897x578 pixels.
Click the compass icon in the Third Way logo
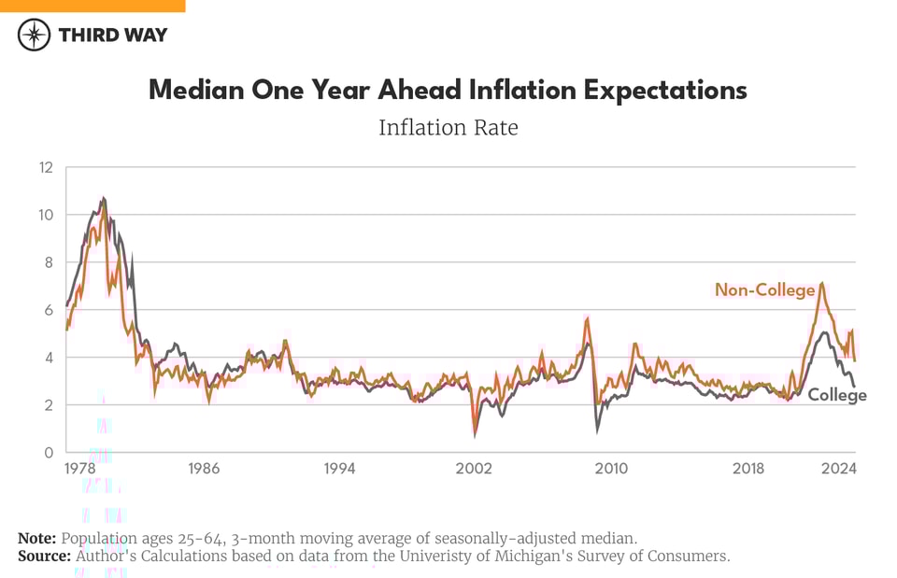pyautogui.click(x=35, y=35)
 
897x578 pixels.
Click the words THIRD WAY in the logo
pyautogui.click(x=113, y=35)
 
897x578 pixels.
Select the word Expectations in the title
pyautogui.click(x=666, y=90)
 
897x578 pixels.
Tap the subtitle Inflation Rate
pyautogui.click(x=448, y=127)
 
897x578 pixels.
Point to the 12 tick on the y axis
pyautogui.click(x=46, y=167)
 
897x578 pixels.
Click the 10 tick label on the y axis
pyautogui.click(x=46, y=215)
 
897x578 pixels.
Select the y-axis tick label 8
pyautogui.click(x=49, y=262)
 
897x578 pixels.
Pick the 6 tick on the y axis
pyautogui.click(x=49, y=310)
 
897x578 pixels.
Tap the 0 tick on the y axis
pyautogui.click(x=49, y=452)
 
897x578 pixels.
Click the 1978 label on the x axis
pyautogui.click(x=79, y=469)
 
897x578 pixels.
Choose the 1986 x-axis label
pyautogui.click(x=204, y=469)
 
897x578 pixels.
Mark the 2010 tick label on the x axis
pyautogui.click(x=612, y=469)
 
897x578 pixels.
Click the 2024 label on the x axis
pyautogui.click(x=840, y=469)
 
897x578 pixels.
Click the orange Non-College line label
pyautogui.click(x=764, y=290)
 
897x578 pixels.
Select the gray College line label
pyautogui.click(x=837, y=395)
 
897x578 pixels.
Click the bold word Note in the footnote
pyautogui.click(x=37, y=539)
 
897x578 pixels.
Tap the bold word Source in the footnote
pyautogui.click(x=44, y=556)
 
